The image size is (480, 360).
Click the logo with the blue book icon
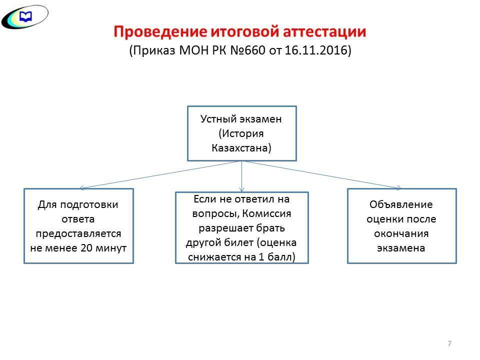tap(25, 17)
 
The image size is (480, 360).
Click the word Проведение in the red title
tap(160, 32)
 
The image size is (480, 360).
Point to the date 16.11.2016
tap(316, 50)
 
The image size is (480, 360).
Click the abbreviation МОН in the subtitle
tap(193, 50)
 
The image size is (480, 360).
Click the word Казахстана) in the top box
tap(241, 148)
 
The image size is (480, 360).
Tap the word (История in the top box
tap(241, 133)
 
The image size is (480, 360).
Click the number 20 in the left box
tap(86, 247)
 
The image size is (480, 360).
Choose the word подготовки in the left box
tap(89, 204)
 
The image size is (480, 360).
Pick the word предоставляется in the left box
tap(78, 233)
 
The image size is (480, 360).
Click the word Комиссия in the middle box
tap(266, 213)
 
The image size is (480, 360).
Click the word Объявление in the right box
tap(401, 204)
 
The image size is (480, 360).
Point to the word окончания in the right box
tap(401, 233)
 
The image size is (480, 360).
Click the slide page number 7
tap(449, 343)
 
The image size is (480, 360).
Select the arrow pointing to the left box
tap(160, 174)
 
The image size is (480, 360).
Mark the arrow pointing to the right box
tap(321, 174)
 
